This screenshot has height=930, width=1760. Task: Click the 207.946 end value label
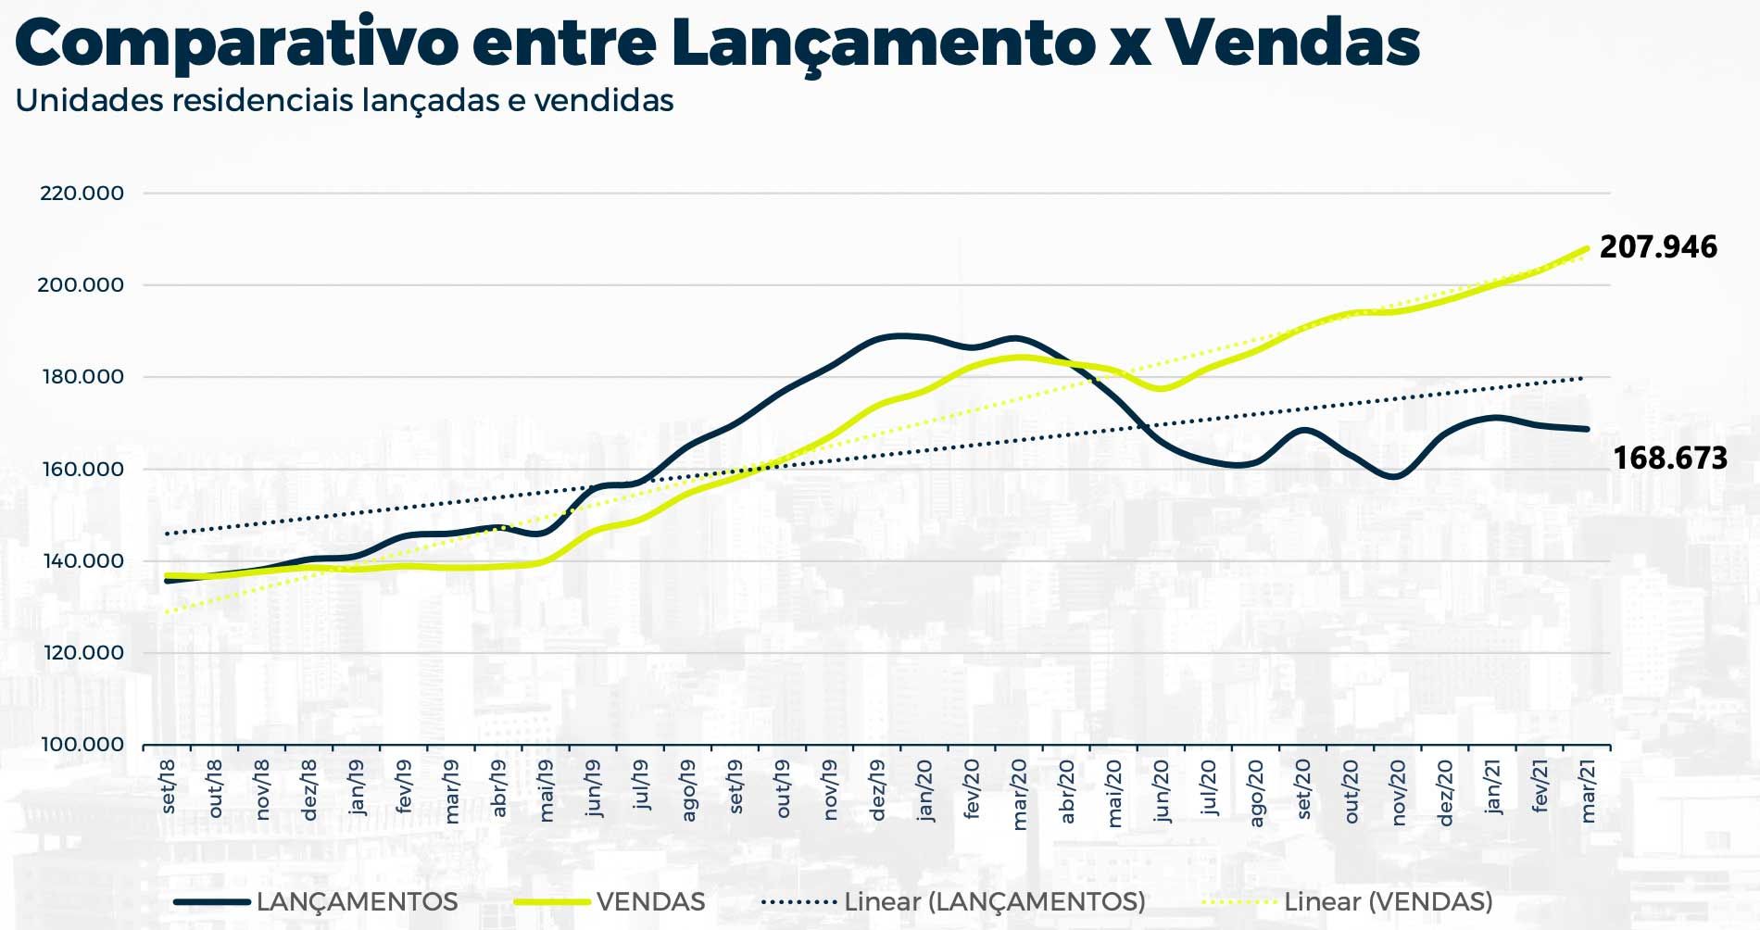[x=1658, y=247]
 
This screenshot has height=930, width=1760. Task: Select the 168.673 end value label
[x=1669, y=459]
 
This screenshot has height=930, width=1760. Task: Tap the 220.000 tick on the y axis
[x=82, y=194]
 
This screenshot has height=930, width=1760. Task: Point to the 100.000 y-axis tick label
[x=82, y=745]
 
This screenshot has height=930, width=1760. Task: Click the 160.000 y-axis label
[x=82, y=470]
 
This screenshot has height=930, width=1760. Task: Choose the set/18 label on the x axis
[x=168, y=787]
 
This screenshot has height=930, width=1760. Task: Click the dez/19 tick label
[x=877, y=790]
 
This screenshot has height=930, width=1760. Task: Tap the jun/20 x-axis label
[x=1162, y=791]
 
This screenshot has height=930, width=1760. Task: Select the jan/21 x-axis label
[x=1493, y=788]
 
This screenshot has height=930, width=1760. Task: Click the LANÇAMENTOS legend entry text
[x=357, y=901]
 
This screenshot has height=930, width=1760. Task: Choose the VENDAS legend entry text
[x=650, y=901]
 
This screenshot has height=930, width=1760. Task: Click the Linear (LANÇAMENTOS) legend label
[x=995, y=901]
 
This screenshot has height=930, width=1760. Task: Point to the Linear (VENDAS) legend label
[x=1388, y=901]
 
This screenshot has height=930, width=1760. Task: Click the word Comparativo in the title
[x=236, y=43]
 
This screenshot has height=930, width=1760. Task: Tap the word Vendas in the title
[x=1291, y=43]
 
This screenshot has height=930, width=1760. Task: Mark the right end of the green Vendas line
[x=1587, y=248]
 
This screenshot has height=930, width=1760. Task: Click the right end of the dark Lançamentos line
[x=1587, y=429]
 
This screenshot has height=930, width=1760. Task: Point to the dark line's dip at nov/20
[x=1397, y=477]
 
